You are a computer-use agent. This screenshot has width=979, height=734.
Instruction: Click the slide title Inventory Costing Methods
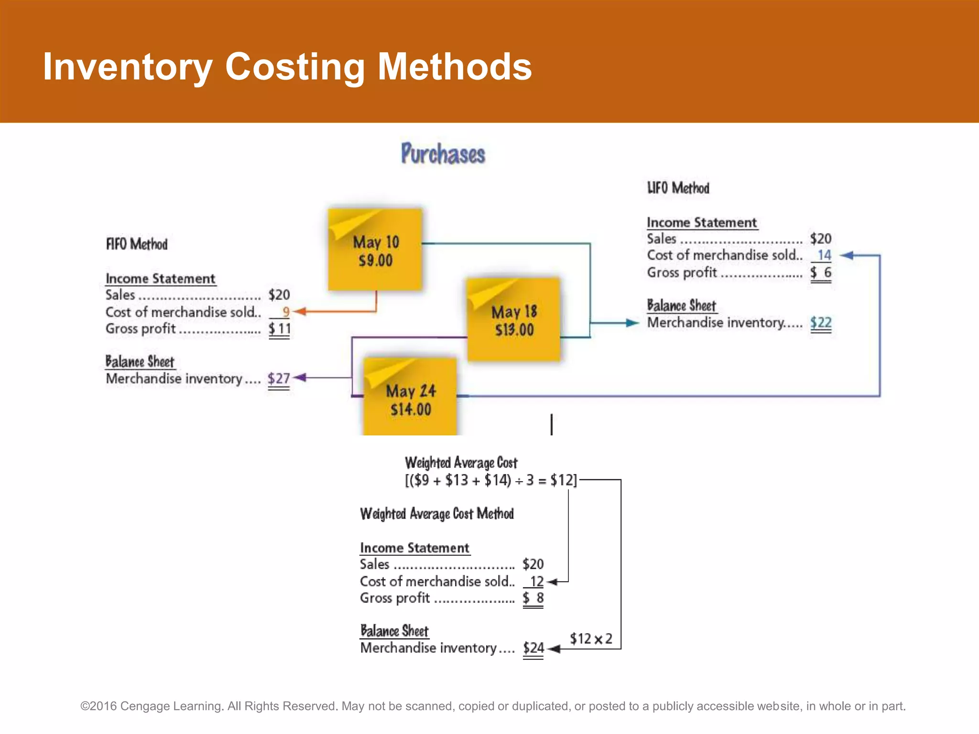(x=287, y=67)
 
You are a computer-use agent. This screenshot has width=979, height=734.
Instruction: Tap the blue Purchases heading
(x=443, y=154)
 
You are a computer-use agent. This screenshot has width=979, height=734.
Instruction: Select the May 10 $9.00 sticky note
(x=375, y=250)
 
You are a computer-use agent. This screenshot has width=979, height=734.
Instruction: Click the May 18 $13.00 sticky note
(x=514, y=320)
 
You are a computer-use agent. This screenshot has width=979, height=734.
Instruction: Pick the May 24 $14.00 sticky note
(x=410, y=399)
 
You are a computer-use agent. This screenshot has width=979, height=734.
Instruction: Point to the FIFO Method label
(x=137, y=244)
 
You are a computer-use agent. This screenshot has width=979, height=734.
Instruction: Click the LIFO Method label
(x=678, y=188)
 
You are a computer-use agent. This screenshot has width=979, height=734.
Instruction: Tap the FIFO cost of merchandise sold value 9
(x=285, y=312)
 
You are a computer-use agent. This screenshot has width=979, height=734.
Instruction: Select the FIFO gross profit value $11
(x=279, y=329)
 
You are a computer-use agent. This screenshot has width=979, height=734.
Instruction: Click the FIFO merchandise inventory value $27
(x=279, y=378)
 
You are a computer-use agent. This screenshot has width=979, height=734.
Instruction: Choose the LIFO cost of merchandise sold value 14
(x=824, y=255)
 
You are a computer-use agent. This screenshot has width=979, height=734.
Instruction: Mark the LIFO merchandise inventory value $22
(x=820, y=323)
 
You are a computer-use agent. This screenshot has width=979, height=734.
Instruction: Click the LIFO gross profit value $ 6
(x=821, y=272)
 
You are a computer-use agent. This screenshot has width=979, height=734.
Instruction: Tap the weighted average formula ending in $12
(x=491, y=480)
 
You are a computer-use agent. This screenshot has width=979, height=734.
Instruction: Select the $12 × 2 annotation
(x=591, y=638)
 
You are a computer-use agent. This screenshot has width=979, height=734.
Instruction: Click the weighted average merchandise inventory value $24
(x=533, y=648)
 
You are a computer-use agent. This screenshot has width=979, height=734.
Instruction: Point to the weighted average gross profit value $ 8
(x=533, y=598)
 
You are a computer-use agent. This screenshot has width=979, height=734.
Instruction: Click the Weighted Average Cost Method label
(x=436, y=514)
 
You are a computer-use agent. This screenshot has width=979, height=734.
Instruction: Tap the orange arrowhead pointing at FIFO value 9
(x=298, y=312)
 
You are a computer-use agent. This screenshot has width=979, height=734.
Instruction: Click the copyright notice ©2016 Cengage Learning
(x=492, y=706)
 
